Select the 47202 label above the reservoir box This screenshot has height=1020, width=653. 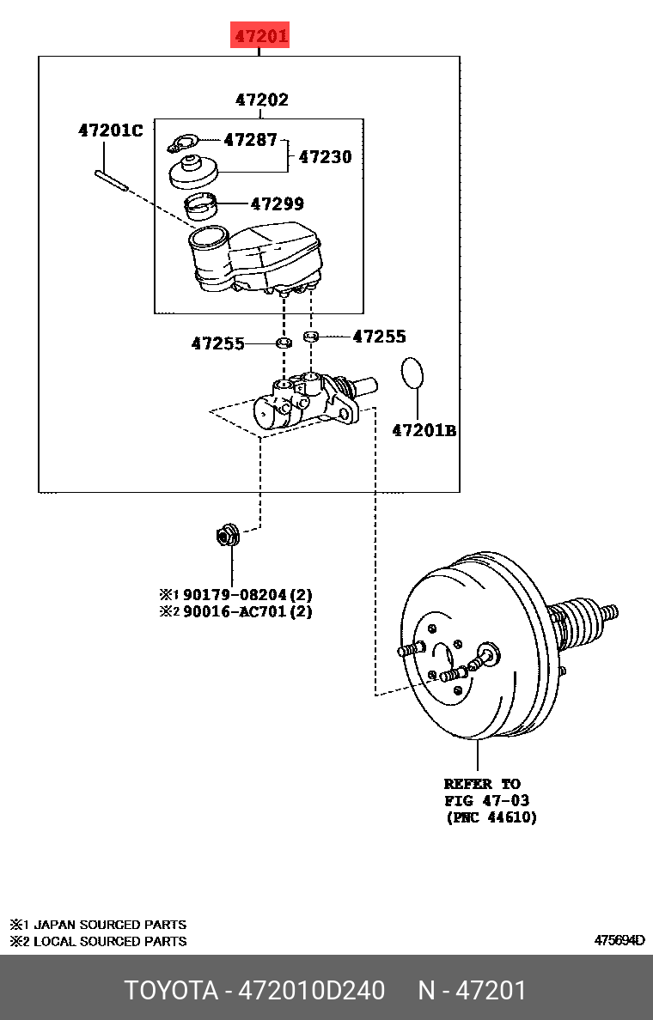pos(261,100)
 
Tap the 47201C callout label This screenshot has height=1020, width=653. pos(110,131)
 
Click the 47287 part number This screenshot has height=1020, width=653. pos(250,139)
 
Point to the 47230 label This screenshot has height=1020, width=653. pos(325,157)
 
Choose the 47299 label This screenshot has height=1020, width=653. pos(277,204)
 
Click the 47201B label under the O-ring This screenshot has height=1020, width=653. pos(424,430)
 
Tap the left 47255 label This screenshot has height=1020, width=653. pos(217,343)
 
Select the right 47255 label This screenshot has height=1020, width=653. pos(379,337)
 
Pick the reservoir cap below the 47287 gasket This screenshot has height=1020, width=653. pos(192,171)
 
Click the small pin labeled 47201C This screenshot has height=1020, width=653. pos(113,180)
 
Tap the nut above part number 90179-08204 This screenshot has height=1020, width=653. pos(228,536)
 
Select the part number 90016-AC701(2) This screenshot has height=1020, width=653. pos(247,612)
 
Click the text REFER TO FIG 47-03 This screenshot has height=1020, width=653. pos(486,792)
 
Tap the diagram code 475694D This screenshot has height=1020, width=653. pos(619,940)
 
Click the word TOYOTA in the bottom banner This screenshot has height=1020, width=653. pos(172,990)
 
